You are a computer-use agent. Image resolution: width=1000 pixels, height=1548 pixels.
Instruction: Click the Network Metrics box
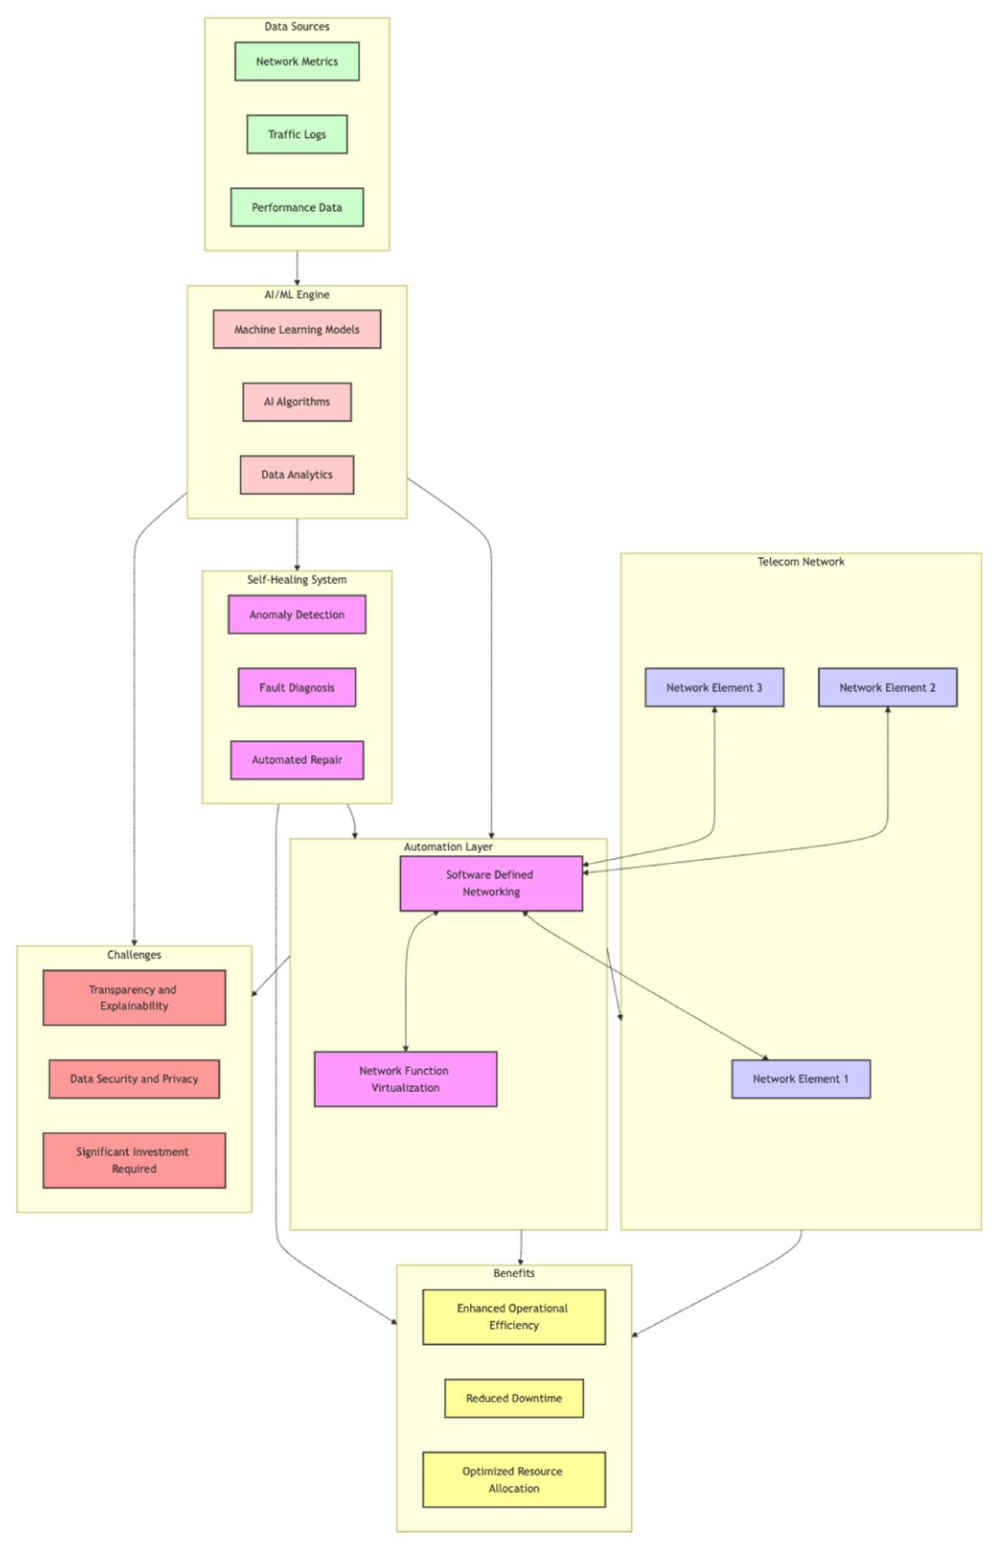[x=297, y=62]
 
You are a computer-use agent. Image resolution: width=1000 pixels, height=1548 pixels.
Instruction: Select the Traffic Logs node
[x=297, y=135]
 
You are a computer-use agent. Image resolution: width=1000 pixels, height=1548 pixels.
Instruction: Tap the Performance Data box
[x=297, y=207]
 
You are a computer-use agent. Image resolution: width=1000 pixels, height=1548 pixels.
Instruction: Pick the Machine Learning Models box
[x=297, y=329]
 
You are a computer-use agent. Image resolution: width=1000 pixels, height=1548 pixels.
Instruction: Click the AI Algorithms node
[x=297, y=402]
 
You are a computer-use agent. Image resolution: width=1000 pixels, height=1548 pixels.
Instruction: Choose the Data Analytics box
[x=297, y=475]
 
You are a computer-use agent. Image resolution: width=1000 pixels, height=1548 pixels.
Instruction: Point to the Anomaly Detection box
[x=297, y=614]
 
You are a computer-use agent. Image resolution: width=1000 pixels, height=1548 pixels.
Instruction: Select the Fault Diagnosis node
[x=297, y=687]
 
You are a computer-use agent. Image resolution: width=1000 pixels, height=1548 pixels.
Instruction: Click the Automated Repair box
[x=297, y=760]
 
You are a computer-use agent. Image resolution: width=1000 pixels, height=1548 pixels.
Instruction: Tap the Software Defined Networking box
[x=491, y=883]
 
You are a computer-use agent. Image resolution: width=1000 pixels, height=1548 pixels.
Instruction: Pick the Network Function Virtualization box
[x=405, y=1079]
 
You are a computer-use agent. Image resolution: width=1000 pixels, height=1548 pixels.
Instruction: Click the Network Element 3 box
[x=714, y=687]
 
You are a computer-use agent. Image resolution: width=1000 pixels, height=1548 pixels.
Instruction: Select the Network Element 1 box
[x=801, y=1079]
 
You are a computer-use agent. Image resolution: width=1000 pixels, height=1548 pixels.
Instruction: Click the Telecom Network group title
[x=801, y=562]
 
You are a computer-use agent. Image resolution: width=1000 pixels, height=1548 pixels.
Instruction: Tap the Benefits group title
[x=514, y=1273]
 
